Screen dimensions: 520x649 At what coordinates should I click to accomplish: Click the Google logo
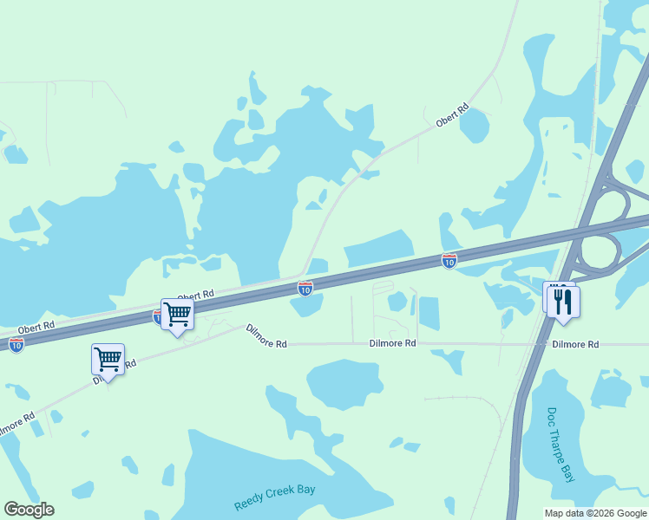(x=29, y=509)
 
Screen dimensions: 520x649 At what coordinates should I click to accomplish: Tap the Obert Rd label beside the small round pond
(x=452, y=115)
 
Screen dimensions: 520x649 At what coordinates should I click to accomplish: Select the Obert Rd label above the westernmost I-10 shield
(x=36, y=326)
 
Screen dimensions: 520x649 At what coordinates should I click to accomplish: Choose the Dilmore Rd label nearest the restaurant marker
(x=574, y=344)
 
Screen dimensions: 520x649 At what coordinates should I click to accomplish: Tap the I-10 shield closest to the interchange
(x=449, y=260)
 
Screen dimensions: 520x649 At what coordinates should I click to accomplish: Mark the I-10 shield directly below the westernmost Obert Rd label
(x=16, y=344)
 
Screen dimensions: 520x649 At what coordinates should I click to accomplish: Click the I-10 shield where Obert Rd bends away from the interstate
(x=305, y=288)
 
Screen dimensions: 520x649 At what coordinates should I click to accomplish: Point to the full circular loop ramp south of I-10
(x=598, y=252)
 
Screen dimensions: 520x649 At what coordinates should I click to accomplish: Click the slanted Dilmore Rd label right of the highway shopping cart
(x=265, y=336)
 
